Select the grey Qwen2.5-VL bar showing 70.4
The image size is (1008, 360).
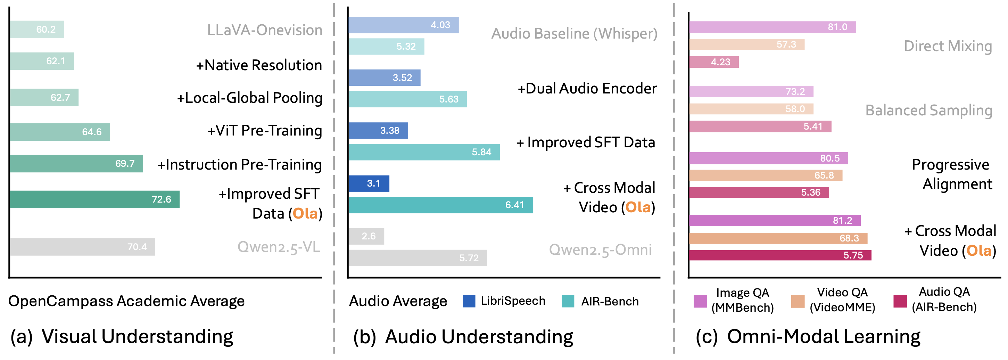(83, 247)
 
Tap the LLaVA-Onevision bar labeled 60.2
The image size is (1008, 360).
(37, 29)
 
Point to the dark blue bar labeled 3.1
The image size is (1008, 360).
(369, 183)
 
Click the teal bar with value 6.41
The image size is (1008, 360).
(440, 205)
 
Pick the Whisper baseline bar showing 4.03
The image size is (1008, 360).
(403, 25)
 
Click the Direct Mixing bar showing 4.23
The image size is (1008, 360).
(714, 62)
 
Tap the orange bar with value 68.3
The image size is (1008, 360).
(778, 238)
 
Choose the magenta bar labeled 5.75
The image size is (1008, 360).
(780, 255)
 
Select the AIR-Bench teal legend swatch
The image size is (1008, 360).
(568, 301)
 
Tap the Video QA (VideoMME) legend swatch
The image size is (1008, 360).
(798, 301)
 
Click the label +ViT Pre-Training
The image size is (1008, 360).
(265, 131)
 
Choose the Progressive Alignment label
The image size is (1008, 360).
(952, 174)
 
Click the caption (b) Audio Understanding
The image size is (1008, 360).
(463, 336)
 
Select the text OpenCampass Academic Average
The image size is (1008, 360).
(126, 301)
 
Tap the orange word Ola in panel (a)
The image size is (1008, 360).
(305, 214)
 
